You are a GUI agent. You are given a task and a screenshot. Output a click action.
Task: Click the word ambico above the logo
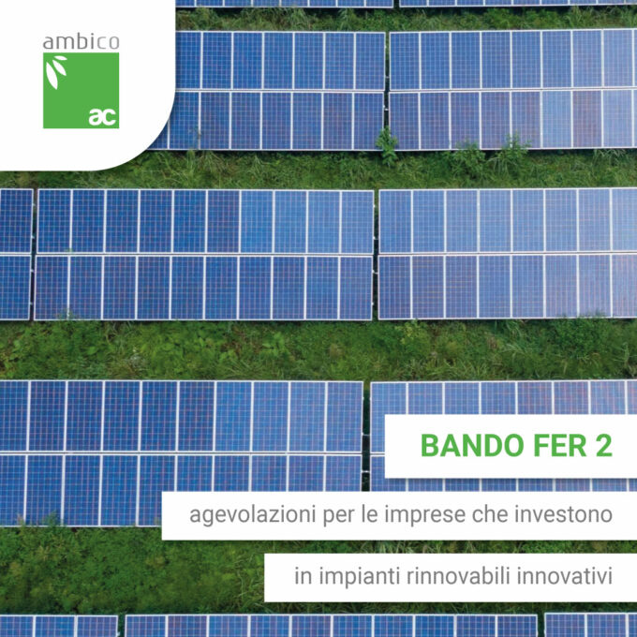point(81,42)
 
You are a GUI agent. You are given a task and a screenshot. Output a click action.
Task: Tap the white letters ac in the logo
point(103,117)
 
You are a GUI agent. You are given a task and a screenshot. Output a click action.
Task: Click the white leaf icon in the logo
point(55,71)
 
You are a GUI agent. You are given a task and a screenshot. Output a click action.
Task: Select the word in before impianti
point(304,576)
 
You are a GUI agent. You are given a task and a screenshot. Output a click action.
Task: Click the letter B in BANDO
point(430,446)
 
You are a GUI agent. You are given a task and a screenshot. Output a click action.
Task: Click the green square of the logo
point(81,90)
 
